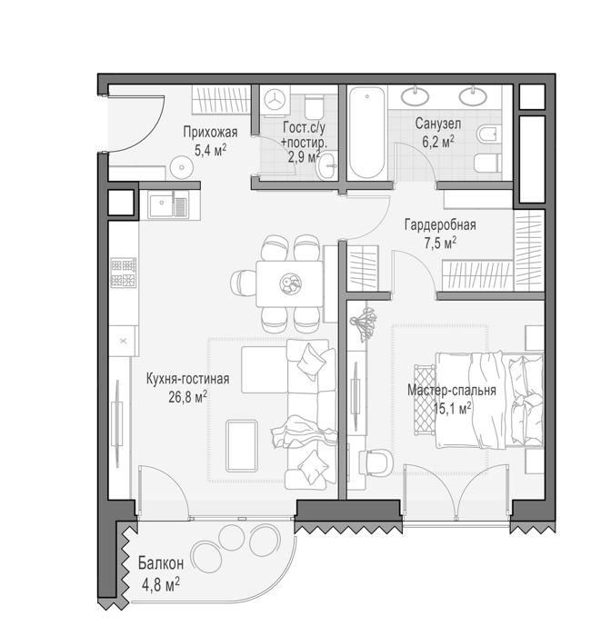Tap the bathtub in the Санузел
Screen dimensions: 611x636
(366, 133)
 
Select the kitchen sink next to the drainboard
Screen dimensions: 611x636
(161, 205)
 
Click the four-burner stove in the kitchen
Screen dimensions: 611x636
(124, 273)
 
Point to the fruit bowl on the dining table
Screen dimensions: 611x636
(290, 283)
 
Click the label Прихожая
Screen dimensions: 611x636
(210, 132)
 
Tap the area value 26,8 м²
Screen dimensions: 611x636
(188, 397)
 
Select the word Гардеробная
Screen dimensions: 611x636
(440, 224)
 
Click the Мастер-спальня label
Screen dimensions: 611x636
(452, 390)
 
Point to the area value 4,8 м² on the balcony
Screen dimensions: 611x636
(161, 585)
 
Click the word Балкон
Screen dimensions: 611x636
(161, 563)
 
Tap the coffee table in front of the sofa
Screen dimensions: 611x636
(242, 445)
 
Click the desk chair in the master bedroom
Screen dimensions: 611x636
(377, 462)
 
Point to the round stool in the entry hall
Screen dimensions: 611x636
(182, 167)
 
